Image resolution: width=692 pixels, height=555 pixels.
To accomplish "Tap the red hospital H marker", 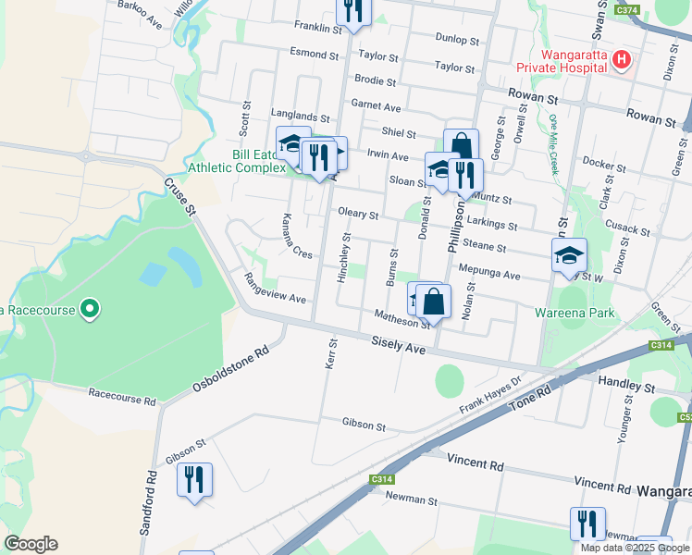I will click(622, 60).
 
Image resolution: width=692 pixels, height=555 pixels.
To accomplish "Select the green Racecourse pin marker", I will click(89, 308).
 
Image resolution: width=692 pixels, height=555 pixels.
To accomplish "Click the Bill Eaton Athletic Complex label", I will click(231, 160).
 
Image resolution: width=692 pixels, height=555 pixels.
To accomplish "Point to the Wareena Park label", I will click(575, 313).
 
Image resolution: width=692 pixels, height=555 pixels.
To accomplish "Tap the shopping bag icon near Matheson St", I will click(433, 302).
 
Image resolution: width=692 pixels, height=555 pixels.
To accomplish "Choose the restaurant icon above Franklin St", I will click(352, 11).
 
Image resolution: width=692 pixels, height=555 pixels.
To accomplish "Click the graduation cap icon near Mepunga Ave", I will click(569, 256).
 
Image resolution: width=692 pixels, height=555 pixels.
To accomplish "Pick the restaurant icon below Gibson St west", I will click(194, 480).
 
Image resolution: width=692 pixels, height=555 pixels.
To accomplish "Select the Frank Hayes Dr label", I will click(491, 393).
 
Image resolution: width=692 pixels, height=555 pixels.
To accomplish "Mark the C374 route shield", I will click(626, 9).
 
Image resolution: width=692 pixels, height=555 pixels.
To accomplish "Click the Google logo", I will click(31, 544).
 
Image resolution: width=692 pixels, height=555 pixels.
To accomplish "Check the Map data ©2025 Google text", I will click(636, 548).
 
